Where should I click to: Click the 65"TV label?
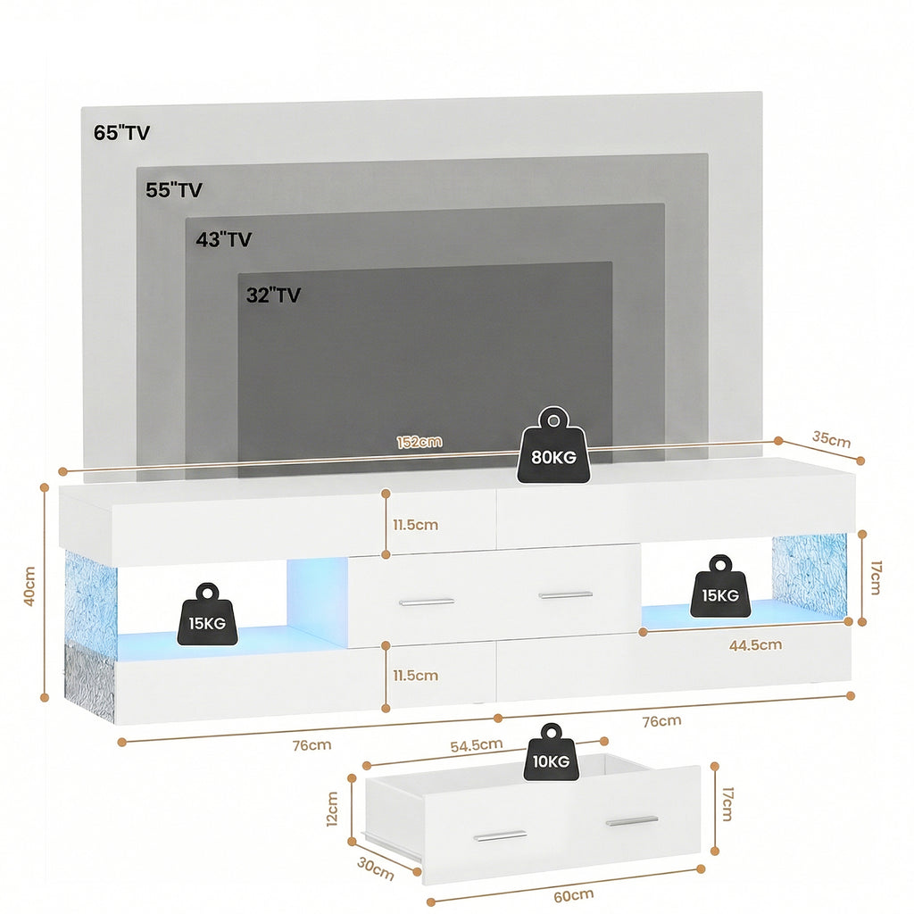pyautogui.click(x=121, y=134)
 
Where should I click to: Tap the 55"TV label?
pyautogui.click(x=174, y=190)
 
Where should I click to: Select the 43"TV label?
pyautogui.click(x=224, y=239)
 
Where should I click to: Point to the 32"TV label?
pyautogui.click(x=273, y=295)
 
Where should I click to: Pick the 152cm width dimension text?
pyautogui.click(x=420, y=442)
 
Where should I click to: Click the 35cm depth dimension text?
pyautogui.click(x=830, y=439)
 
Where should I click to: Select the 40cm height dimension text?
pyautogui.click(x=29, y=586)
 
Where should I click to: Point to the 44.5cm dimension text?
pyautogui.click(x=755, y=644)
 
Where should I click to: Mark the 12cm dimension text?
pyautogui.click(x=332, y=809)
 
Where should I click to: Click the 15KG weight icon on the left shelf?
pyautogui.click(x=208, y=615)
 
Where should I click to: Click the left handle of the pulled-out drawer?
pyautogui.click(x=500, y=836)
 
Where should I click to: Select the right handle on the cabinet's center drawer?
pyautogui.click(x=565, y=594)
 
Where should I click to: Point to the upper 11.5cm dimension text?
pyautogui.click(x=415, y=525)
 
